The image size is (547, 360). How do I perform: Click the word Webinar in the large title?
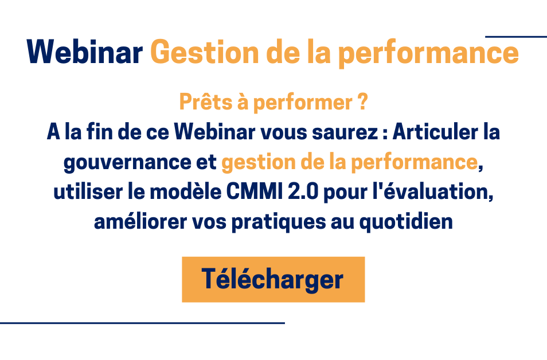84,52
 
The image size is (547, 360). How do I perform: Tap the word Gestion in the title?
205,52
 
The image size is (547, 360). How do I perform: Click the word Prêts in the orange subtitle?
206,102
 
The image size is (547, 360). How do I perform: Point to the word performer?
302,103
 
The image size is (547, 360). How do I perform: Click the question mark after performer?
363,102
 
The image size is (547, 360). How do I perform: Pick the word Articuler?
435,132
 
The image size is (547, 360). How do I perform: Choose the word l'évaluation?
433,192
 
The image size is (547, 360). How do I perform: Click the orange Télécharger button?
273,279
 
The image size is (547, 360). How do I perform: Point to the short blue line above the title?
516,36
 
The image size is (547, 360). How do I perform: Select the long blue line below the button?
142,323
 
